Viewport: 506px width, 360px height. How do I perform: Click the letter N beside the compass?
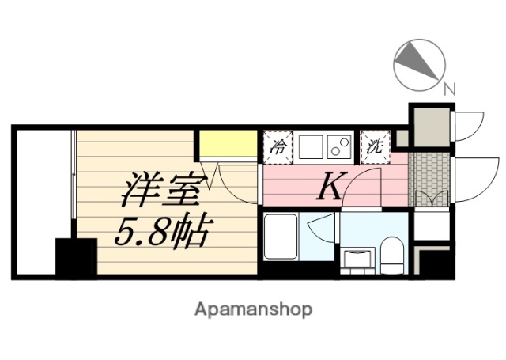point(449,90)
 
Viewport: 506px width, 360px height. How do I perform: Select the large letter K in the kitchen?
point(330,188)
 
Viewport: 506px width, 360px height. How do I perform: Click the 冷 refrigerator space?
point(278,146)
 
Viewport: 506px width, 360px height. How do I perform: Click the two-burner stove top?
point(340,146)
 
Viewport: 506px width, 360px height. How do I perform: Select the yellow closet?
point(227,144)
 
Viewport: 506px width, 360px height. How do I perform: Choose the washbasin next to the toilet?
point(358,260)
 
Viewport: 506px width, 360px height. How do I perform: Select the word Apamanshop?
point(253,309)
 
